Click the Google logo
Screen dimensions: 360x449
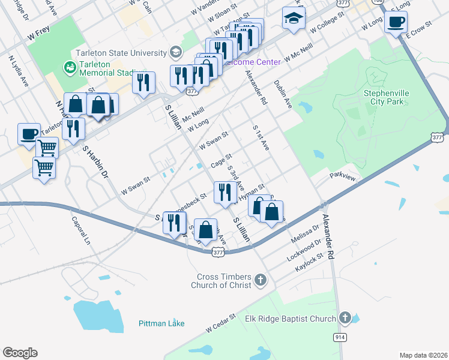(x=20, y=353)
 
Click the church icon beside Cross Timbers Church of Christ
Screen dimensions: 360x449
(x=260, y=280)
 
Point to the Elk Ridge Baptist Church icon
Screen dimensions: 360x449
(x=345, y=318)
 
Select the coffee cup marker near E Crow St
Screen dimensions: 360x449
(x=396, y=23)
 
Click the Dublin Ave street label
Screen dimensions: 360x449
(x=283, y=95)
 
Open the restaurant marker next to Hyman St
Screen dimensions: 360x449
(x=223, y=192)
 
